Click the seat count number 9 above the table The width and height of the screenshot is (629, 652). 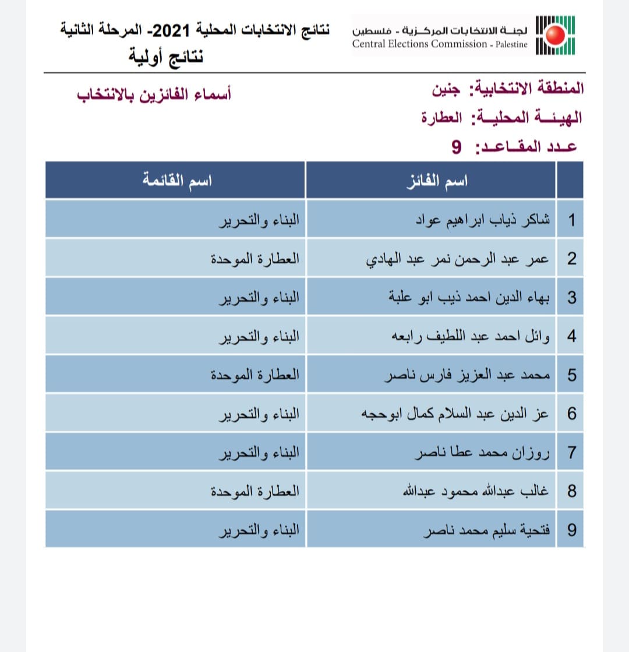(x=456, y=146)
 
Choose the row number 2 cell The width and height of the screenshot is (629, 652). (x=571, y=259)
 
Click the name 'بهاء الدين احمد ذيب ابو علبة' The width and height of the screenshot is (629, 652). (x=469, y=298)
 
